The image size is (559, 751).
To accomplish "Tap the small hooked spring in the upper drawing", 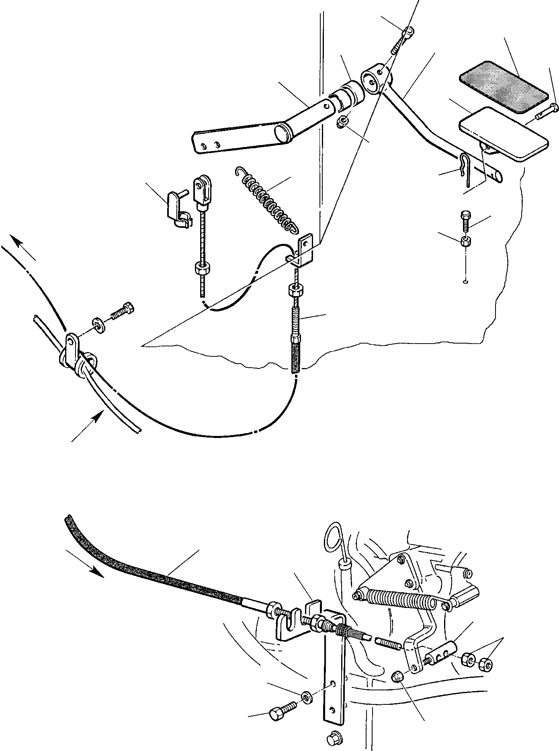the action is tap(266, 201).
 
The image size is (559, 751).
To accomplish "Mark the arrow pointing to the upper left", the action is tap(24, 248).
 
